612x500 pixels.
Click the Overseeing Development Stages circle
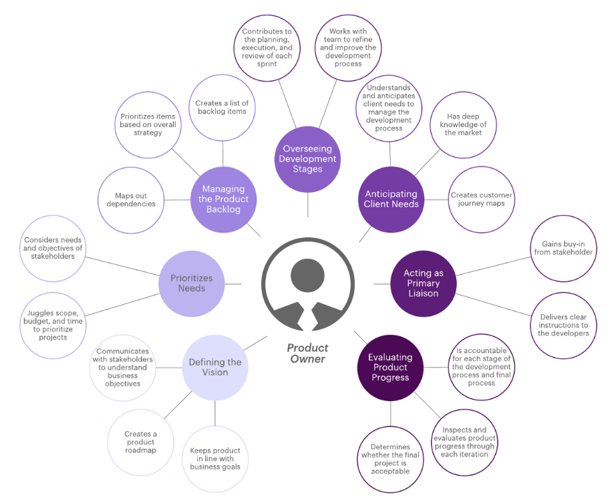[307, 159]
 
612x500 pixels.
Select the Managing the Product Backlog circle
[224, 199]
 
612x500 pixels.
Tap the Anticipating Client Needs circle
[392, 199]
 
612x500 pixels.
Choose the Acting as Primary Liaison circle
[423, 283]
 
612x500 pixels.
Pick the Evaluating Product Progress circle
[390, 368]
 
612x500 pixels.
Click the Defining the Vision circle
[214, 367]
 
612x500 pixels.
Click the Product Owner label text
[307, 353]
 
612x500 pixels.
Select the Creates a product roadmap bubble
[140, 442]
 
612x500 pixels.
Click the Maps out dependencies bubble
[131, 199]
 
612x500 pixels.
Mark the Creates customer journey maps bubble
[481, 199]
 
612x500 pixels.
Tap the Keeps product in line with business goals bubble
[214, 459]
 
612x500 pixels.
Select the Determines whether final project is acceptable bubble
[390, 459]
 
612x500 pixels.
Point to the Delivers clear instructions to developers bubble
[563, 324]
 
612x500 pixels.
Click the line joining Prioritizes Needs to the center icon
[233, 283]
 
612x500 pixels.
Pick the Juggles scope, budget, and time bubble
[53, 325]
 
